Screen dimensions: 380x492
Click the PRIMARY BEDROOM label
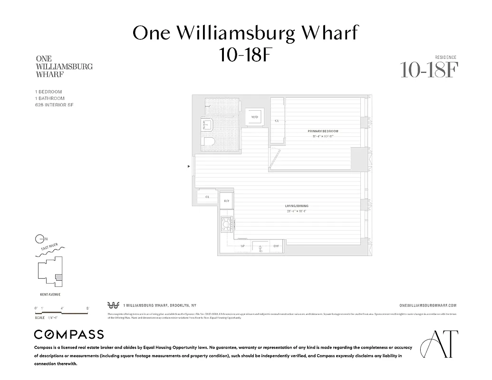[323, 131]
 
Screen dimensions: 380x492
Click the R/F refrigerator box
[227, 201]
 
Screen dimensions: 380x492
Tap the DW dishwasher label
[276, 246]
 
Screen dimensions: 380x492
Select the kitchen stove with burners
[226, 223]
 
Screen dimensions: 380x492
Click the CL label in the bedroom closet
[277, 121]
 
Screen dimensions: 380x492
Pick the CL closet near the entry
[208, 197]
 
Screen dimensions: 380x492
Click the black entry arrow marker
[189, 166]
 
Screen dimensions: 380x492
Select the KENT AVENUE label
[49, 294]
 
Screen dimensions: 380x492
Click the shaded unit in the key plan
[58, 277]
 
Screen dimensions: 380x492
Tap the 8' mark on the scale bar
[88, 308]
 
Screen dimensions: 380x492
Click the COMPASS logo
[68, 334]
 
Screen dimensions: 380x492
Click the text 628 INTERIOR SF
[54, 105]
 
